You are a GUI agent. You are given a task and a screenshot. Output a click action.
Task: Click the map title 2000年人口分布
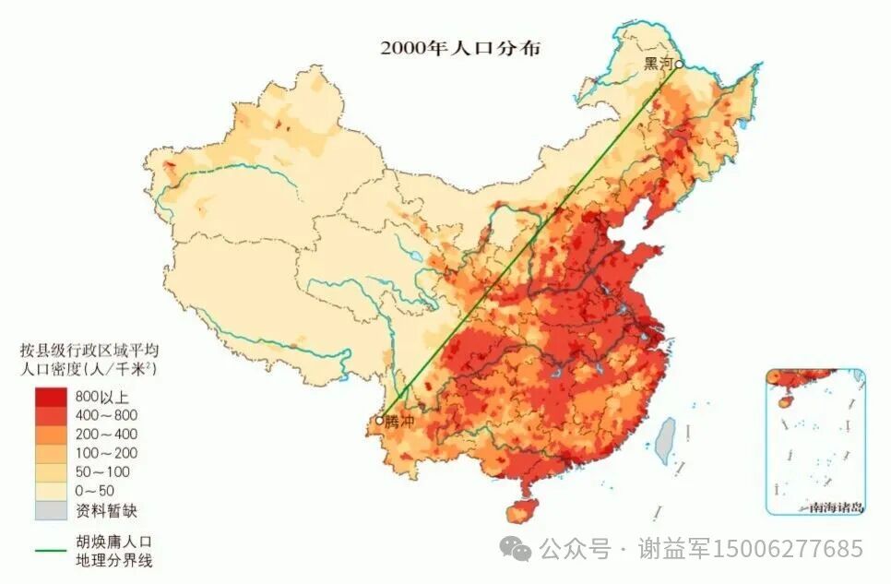click(460, 48)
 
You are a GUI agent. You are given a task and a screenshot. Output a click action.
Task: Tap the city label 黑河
click(658, 63)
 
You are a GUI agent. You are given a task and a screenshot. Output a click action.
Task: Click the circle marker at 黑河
click(678, 64)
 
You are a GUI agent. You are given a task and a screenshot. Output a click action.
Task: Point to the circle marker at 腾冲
click(379, 421)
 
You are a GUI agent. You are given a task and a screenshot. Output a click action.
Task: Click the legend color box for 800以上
click(51, 397)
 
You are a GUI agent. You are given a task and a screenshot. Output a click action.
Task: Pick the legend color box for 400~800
click(51, 415)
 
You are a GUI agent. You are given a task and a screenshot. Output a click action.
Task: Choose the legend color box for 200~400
click(51, 435)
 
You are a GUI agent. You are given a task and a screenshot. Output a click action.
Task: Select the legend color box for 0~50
click(51, 491)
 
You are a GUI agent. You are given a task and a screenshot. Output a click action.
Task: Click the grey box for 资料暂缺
click(51, 509)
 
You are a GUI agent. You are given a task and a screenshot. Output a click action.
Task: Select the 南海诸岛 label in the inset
click(834, 507)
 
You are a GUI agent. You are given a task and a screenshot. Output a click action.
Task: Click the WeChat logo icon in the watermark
click(516, 550)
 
